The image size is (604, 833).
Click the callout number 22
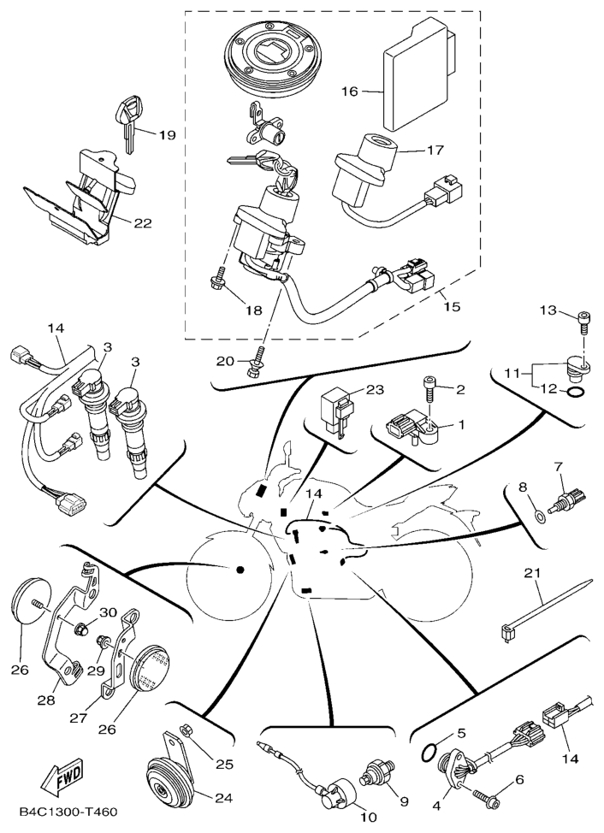(x=142, y=223)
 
